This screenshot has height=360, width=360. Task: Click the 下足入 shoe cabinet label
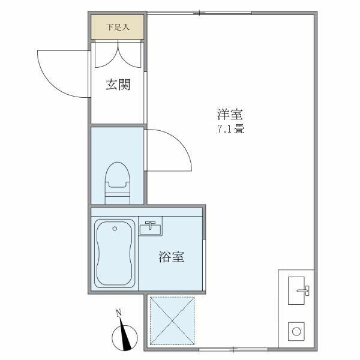click(x=118, y=28)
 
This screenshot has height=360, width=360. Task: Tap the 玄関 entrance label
click(x=118, y=85)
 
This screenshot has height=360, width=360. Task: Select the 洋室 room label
click(x=230, y=114)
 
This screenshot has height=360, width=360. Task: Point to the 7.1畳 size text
click(x=231, y=129)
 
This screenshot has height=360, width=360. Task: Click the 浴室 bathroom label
click(x=172, y=257)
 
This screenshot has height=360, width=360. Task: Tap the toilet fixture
click(x=118, y=183)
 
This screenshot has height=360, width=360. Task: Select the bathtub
click(x=115, y=253)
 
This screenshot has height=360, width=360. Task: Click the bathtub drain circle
click(x=115, y=229)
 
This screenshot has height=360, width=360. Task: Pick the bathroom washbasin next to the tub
click(x=151, y=226)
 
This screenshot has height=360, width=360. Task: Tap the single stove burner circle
click(x=296, y=332)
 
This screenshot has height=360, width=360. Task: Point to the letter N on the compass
click(x=119, y=313)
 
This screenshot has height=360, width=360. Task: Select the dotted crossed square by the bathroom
click(x=172, y=321)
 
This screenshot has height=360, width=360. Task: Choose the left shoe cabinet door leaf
click(x=106, y=55)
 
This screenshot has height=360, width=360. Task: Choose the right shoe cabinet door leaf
click(x=129, y=55)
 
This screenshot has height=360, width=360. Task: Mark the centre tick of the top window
click(x=200, y=13)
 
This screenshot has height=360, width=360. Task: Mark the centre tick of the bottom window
click(x=233, y=350)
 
